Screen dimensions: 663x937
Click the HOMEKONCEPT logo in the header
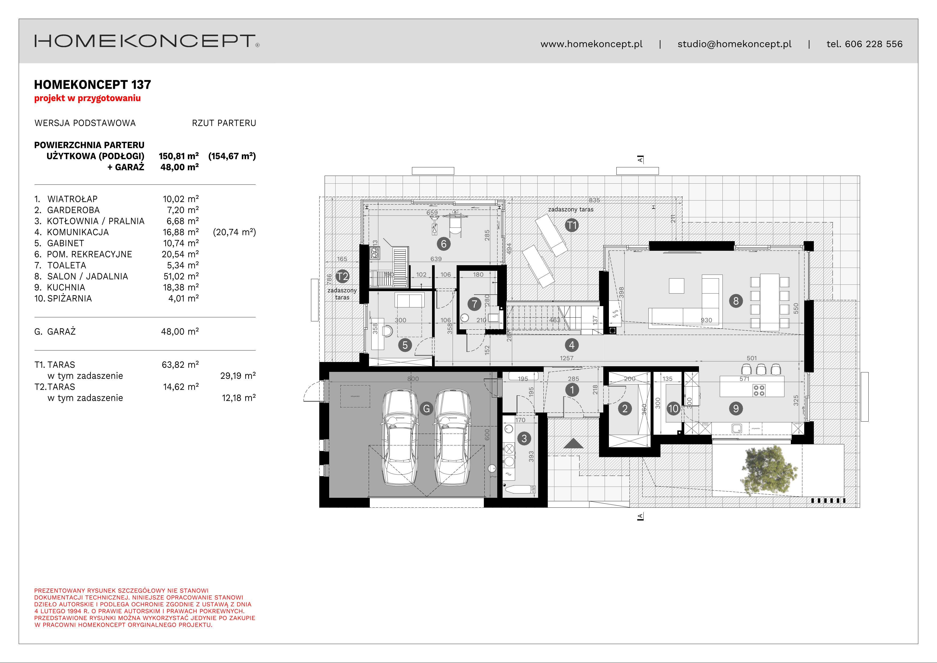(x=146, y=41)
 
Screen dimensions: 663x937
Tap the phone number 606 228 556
(x=873, y=44)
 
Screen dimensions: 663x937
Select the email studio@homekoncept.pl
(x=734, y=44)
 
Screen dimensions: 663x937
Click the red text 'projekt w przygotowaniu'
(x=87, y=98)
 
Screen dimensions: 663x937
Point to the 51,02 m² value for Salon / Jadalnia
(x=181, y=276)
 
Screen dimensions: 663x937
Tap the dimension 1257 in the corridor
(x=566, y=358)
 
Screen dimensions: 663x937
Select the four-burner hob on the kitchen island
(x=759, y=390)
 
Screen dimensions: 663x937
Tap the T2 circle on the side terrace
(x=342, y=276)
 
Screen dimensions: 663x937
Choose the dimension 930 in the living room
(x=706, y=320)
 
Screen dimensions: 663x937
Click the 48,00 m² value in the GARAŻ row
(x=180, y=331)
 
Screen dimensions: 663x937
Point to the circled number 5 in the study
(x=405, y=345)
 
